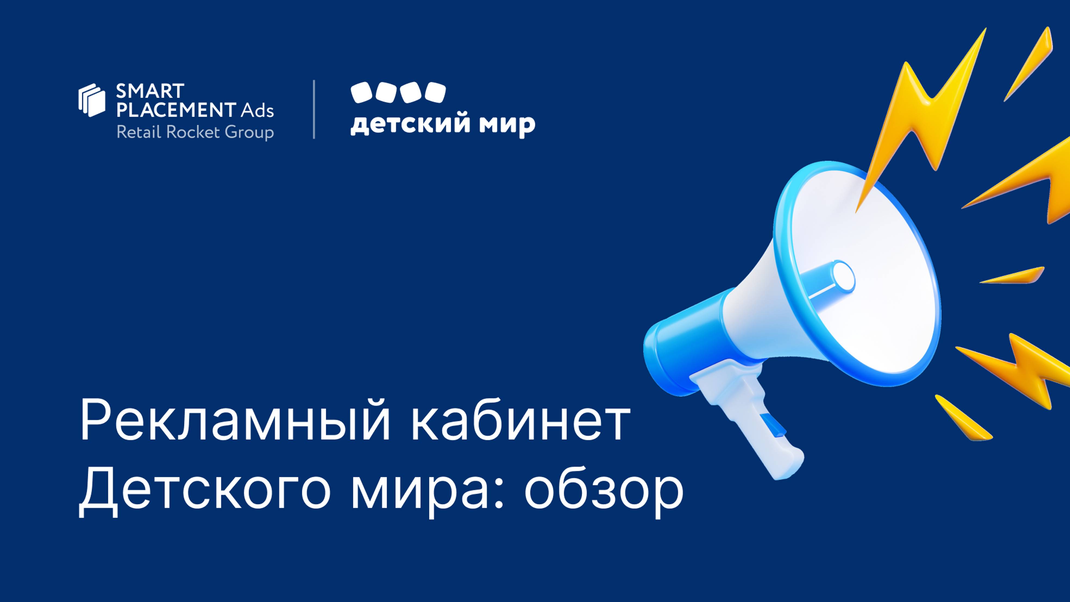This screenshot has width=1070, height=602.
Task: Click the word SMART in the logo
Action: pos(150,91)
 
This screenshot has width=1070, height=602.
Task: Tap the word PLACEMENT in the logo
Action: pos(176,110)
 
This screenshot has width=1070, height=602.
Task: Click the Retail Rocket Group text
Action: pos(195,132)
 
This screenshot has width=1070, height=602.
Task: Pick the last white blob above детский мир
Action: pos(435,92)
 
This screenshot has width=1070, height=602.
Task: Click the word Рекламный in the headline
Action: pos(235,421)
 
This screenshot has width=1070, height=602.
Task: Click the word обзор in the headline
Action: pos(604,492)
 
